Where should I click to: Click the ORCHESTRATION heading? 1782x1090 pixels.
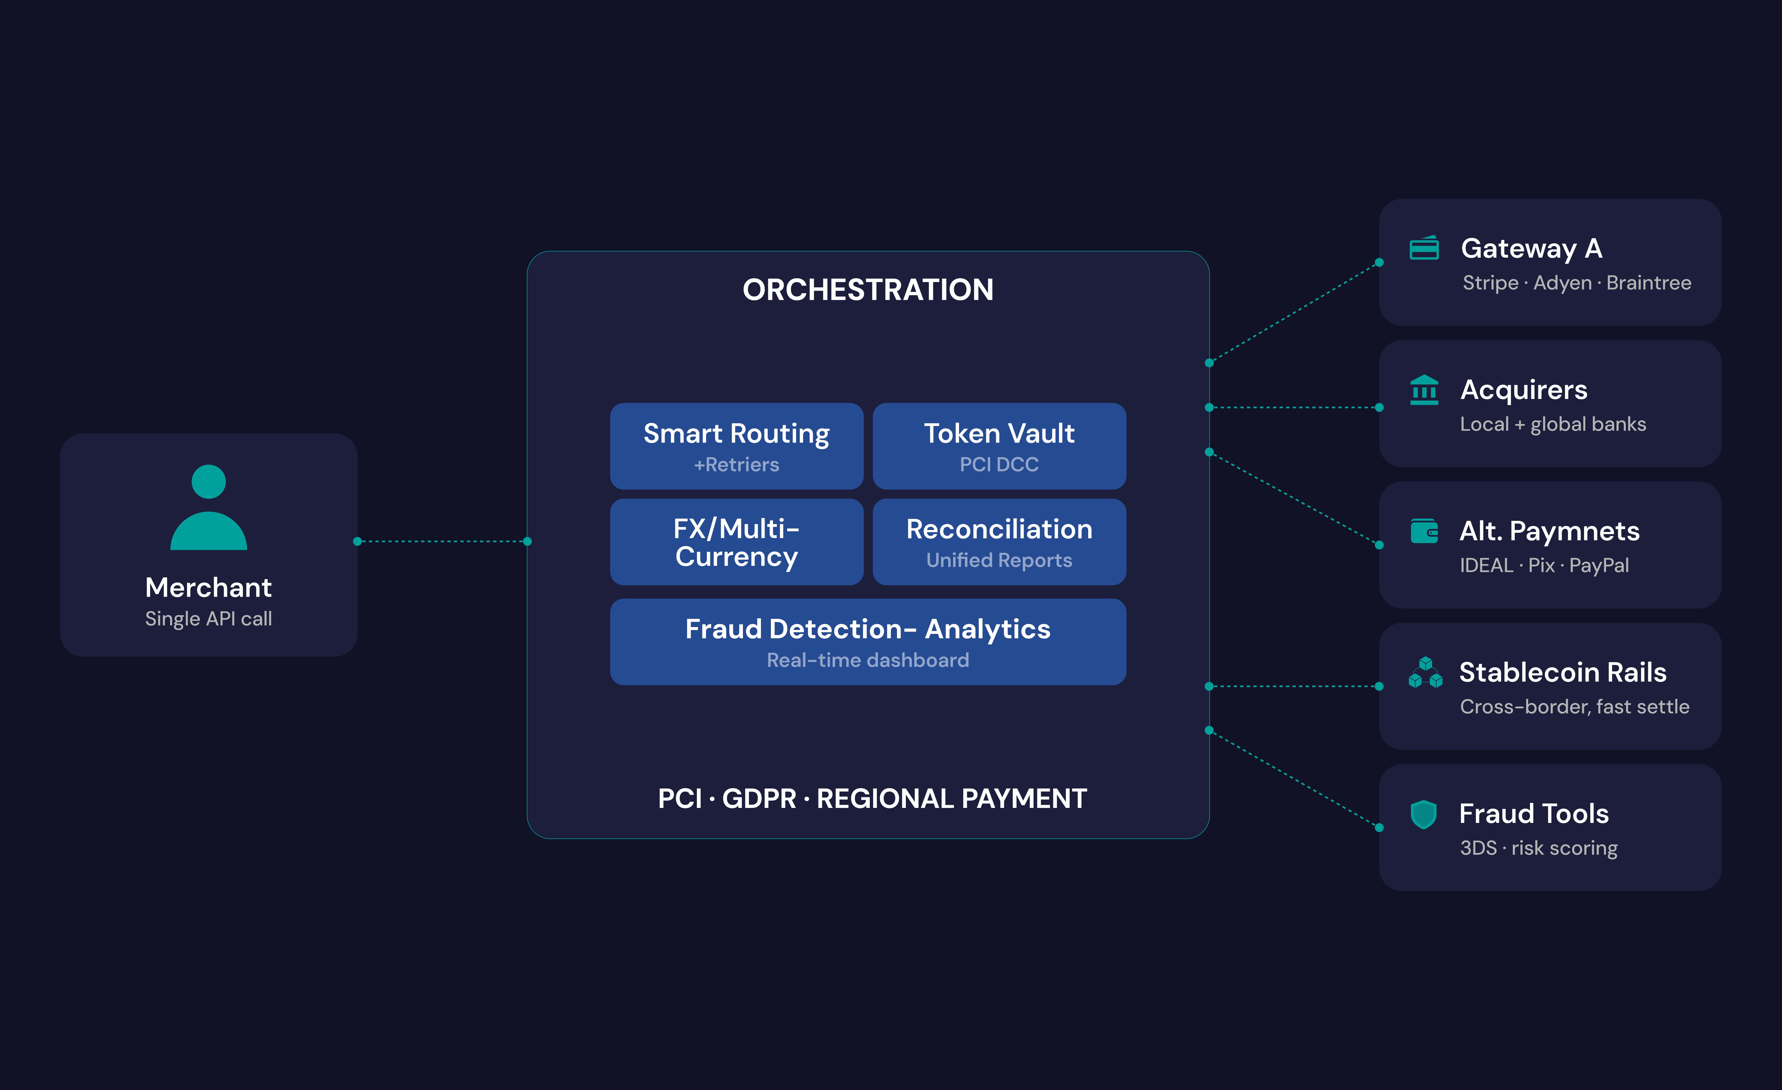pos(868,290)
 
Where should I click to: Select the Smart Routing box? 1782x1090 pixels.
pos(736,446)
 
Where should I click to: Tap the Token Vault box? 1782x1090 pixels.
pos(999,446)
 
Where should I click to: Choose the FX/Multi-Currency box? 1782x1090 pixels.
pos(736,542)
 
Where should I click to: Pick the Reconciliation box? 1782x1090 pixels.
pos(999,542)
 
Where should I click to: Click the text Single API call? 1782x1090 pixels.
pos(208,619)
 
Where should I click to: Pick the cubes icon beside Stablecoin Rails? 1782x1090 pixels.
pos(1425,673)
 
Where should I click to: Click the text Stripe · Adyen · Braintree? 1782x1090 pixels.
pos(1577,283)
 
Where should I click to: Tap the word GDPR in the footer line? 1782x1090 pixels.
pos(759,798)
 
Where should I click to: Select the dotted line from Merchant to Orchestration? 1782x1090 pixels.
pos(442,541)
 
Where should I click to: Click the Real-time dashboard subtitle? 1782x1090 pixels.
pos(868,660)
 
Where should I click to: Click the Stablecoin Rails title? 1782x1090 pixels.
pos(1562,673)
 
